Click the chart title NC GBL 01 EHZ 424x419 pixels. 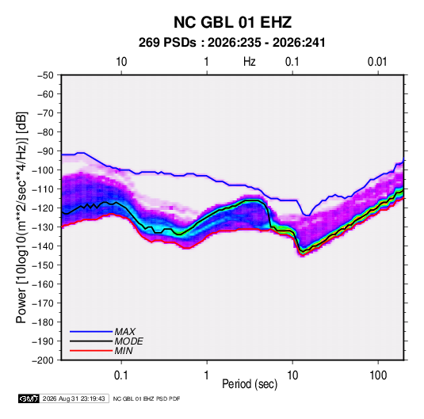(x=232, y=22)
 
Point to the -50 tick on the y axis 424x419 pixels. (x=45, y=75)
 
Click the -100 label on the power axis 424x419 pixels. (x=43, y=170)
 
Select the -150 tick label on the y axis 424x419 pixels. (x=43, y=265)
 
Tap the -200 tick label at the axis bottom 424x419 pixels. (x=43, y=360)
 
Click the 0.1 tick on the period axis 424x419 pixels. (x=121, y=375)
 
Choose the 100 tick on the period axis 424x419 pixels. (x=378, y=375)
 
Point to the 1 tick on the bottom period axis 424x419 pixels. (x=207, y=375)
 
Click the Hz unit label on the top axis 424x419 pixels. (x=250, y=62)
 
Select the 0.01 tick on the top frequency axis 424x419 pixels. (x=377, y=62)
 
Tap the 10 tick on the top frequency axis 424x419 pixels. (x=121, y=62)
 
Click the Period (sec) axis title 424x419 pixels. (x=250, y=384)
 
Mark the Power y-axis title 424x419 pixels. (x=21, y=217)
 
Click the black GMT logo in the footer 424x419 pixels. (x=29, y=398)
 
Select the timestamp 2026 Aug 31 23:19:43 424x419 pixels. (x=74, y=398)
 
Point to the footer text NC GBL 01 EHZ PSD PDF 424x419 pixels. (x=147, y=398)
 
